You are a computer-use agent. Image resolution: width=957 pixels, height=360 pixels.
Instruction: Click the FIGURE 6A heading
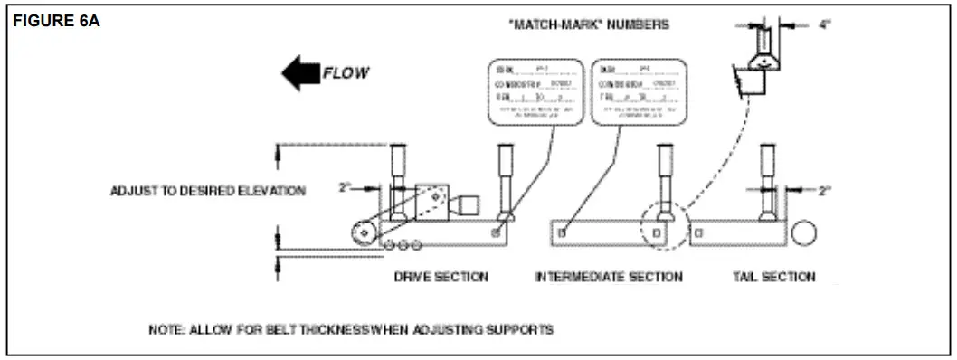click(x=56, y=20)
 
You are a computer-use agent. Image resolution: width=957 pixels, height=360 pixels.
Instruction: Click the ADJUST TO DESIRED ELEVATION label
click(x=208, y=191)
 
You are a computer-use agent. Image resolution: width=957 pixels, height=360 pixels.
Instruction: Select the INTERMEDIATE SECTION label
click(x=609, y=277)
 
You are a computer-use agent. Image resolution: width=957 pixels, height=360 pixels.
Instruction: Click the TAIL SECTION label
click(x=773, y=277)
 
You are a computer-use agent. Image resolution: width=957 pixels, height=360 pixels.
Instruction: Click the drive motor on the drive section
click(x=466, y=204)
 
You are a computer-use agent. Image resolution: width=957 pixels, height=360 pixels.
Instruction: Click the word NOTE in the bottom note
click(x=166, y=330)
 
